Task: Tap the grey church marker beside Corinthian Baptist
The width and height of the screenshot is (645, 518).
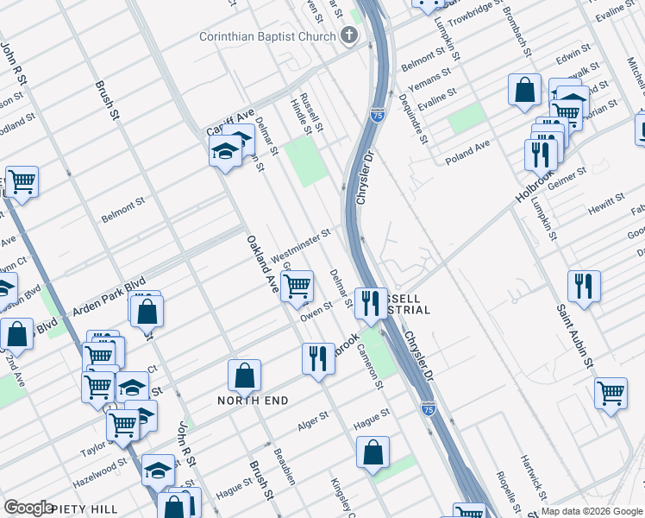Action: tap(348, 36)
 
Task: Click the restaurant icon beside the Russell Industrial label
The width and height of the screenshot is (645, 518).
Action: tap(371, 302)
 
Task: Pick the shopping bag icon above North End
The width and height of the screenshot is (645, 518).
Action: tap(245, 375)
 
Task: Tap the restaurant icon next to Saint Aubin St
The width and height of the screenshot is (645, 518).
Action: tap(585, 285)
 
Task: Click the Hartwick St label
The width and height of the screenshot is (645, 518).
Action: tap(532, 474)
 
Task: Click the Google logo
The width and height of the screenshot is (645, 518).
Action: tap(29, 508)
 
